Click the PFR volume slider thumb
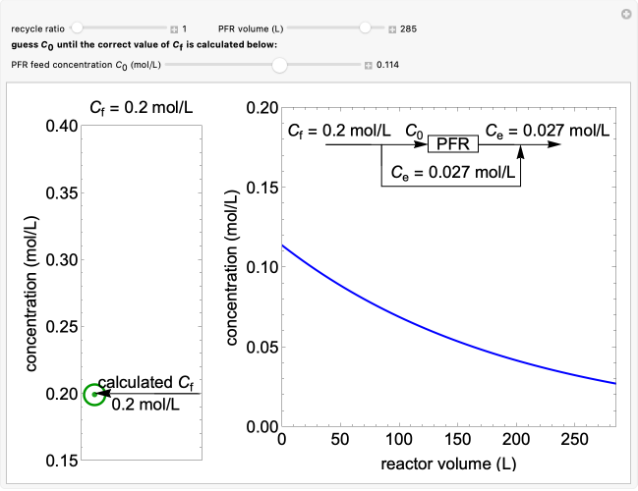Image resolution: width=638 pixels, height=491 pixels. pos(366,28)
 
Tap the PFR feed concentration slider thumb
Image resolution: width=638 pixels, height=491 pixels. pos(279,66)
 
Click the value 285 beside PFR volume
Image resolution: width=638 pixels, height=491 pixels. pos(409,29)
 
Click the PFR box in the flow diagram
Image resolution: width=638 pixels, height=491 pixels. pos(453,144)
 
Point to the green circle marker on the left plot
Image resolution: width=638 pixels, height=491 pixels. pos(94,394)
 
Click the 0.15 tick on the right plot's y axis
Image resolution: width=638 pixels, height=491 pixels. pos(259,187)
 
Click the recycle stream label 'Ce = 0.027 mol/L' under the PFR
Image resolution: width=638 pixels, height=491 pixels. pos(451,172)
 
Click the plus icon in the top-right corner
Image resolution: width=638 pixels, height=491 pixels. pos(625,14)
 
